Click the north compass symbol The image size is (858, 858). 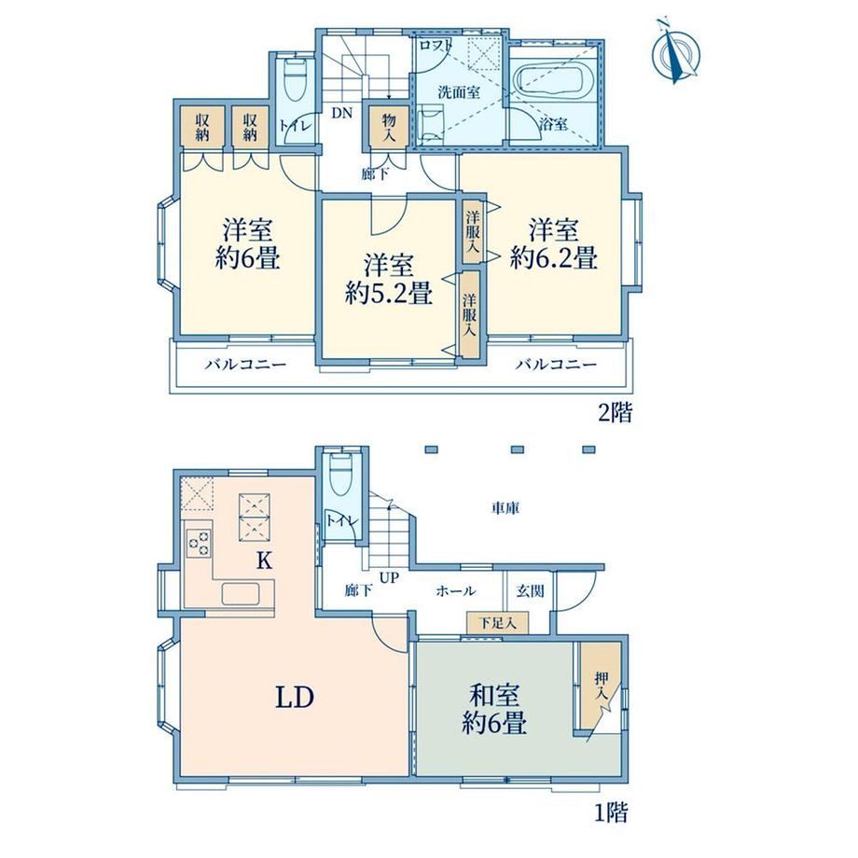click(x=676, y=51)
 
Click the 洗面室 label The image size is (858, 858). click(x=459, y=92)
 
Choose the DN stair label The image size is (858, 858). click(x=342, y=113)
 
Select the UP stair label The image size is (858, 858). click(x=389, y=577)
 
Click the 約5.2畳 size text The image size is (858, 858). click(x=389, y=293)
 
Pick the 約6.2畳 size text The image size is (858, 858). click(x=553, y=256)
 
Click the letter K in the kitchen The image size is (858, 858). click(x=264, y=560)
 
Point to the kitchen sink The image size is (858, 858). click(x=241, y=594)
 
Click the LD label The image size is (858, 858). click(x=295, y=698)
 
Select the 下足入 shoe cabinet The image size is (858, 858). click(x=497, y=623)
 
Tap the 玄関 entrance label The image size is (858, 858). click(x=530, y=591)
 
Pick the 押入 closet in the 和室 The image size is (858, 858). click(x=601, y=685)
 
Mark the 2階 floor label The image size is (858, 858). click(x=615, y=412)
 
